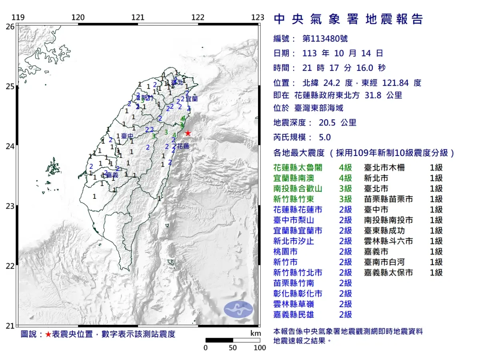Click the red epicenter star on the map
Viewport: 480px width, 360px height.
[188, 133]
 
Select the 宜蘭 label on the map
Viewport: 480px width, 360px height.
[192, 98]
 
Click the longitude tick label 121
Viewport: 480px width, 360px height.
[138, 18]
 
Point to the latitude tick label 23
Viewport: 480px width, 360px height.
[10, 206]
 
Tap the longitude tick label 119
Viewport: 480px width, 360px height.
[18, 18]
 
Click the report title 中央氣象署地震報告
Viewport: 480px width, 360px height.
[348, 19]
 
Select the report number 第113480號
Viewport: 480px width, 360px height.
[325, 39]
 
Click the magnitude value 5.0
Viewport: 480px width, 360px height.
[325, 137]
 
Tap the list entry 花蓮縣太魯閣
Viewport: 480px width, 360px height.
[297, 168]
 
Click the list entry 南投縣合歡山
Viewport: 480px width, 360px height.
[297, 189]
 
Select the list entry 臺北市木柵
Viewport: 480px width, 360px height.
[384, 168]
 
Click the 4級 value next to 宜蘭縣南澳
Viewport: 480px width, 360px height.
[345, 178]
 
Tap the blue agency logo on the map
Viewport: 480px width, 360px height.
[238, 309]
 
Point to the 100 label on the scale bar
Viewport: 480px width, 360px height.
[260, 348]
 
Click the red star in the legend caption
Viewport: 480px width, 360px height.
[48, 334]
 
